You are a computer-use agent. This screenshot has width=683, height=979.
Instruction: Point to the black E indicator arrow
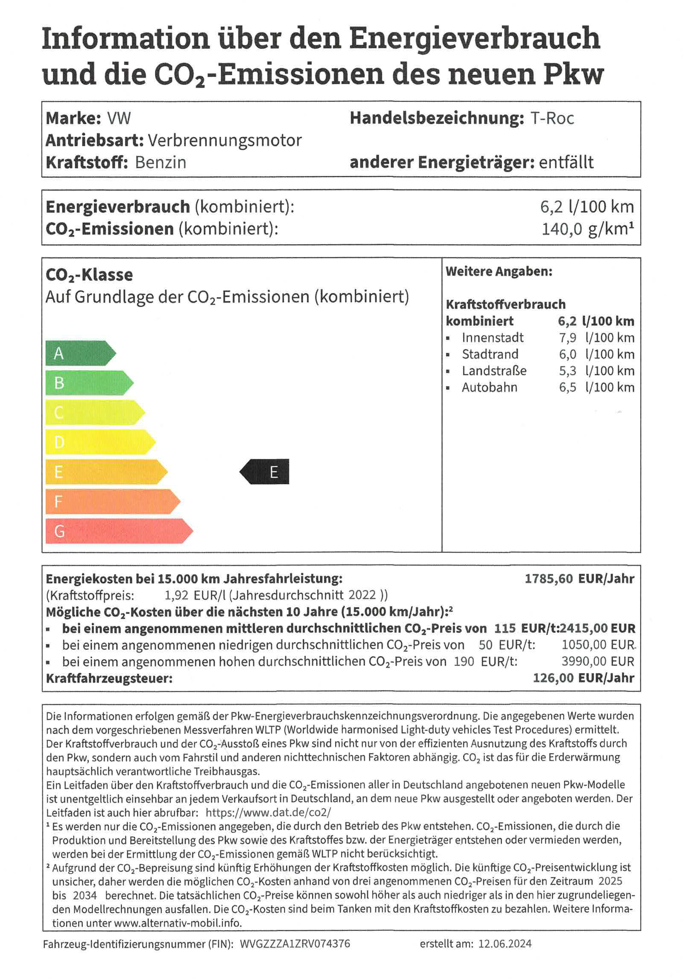pyautogui.click(x=265, y=472)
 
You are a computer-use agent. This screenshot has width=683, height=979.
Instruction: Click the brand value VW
pyautogui.click(x=119, y=118)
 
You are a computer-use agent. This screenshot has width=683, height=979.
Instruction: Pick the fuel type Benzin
pyautogui.click(x=161, y=163)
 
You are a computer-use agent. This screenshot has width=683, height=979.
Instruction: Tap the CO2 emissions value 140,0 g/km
pyautogui.click(x=587, y=229)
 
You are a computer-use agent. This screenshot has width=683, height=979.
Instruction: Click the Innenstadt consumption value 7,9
pyautogui.click(x=567, y=338)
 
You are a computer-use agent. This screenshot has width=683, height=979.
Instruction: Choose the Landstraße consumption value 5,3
pyautogui.click(x=567, y=371)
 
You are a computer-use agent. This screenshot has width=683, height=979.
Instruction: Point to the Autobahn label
pyautogui.click(x=489, y=388)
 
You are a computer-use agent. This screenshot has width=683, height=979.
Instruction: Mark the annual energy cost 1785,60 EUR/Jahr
pyautogui.click(x=579, y=579)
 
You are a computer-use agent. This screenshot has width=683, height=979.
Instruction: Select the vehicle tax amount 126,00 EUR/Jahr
pyautogui.click(x=583, y=678)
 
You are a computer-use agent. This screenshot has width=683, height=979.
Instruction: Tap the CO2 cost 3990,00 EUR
pyautogui.click(x=598, y=661)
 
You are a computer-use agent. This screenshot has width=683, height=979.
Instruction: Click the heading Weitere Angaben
pyautogui.click(x=499, y=272)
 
